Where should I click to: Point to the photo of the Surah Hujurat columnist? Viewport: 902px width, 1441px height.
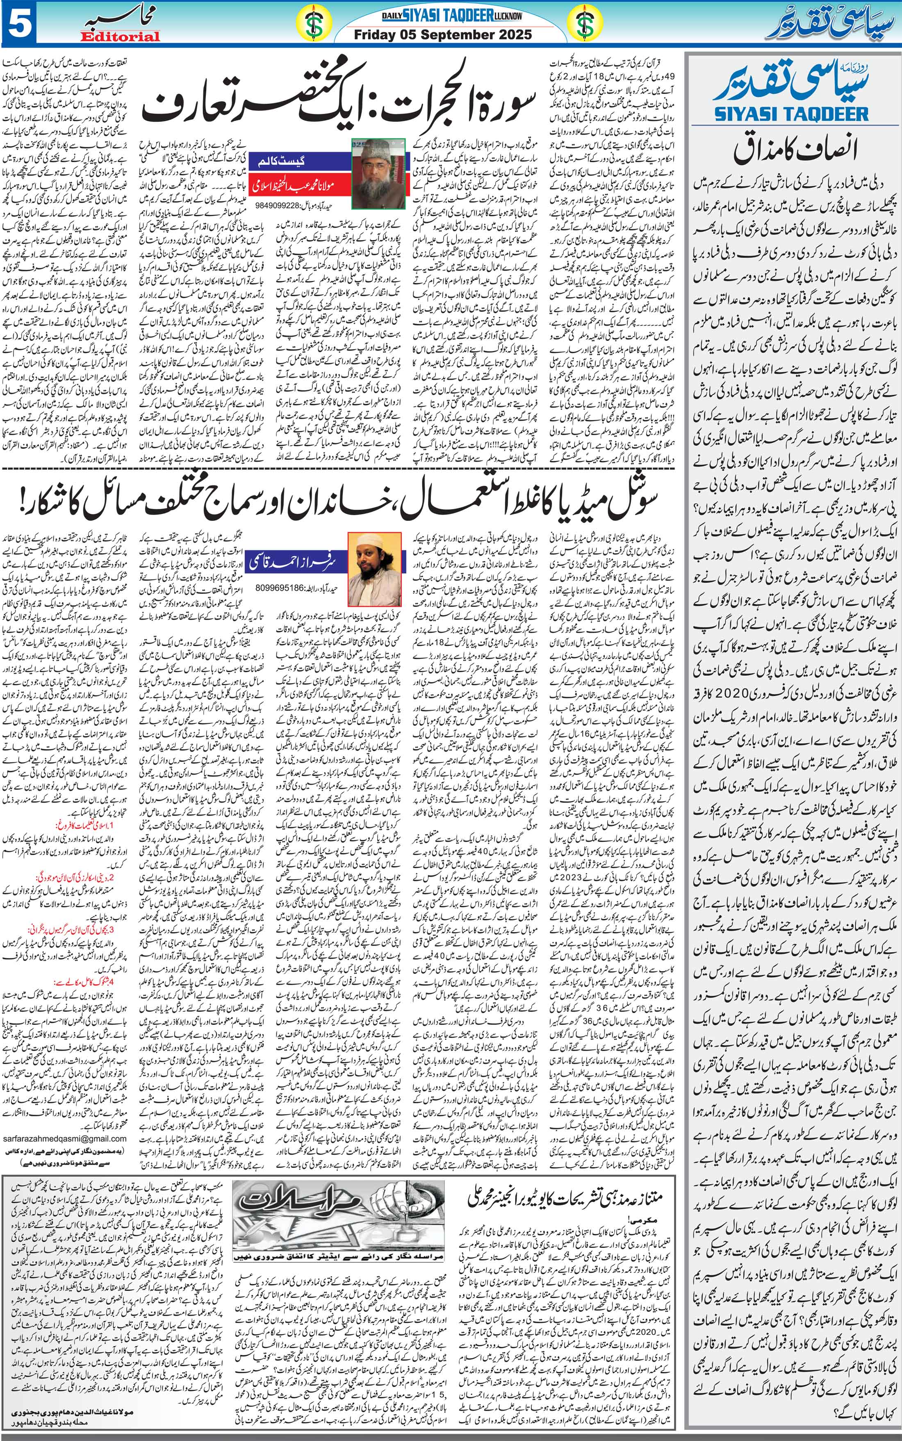[x=378, y=173]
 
